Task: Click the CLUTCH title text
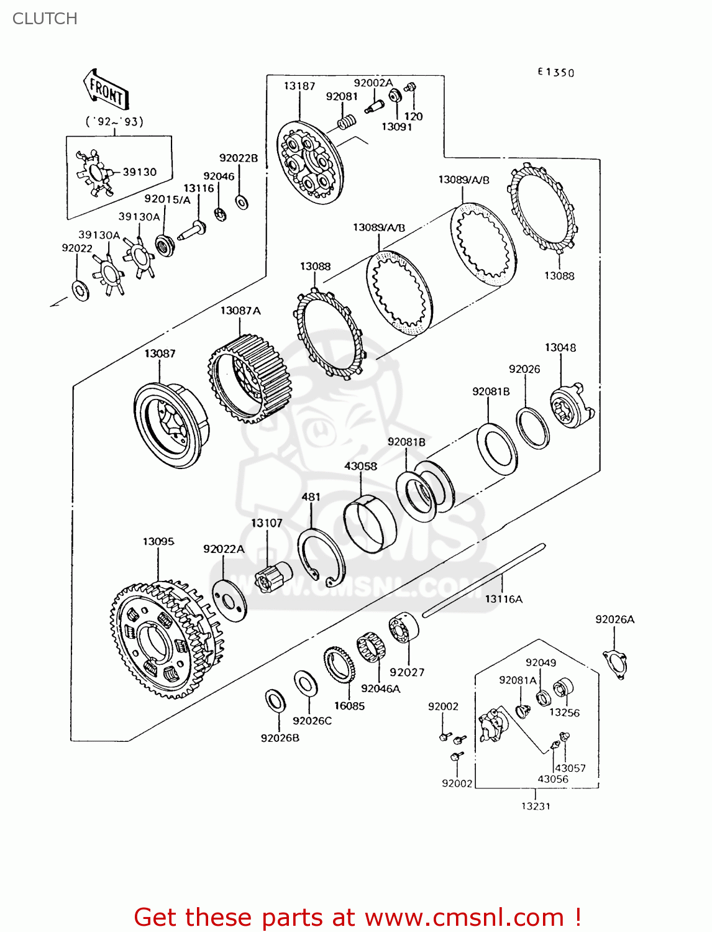pos(45,19)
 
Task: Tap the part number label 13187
pos(299,86)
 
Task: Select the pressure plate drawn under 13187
pos(309,162)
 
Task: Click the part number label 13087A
pos(240,310)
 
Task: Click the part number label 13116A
pos(503,599)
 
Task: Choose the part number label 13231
pos(536,806)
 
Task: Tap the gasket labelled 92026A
pos(615,663)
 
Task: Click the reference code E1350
pos(556,72)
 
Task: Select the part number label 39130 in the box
pos(139,171)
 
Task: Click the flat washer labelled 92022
pos(80,290)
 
